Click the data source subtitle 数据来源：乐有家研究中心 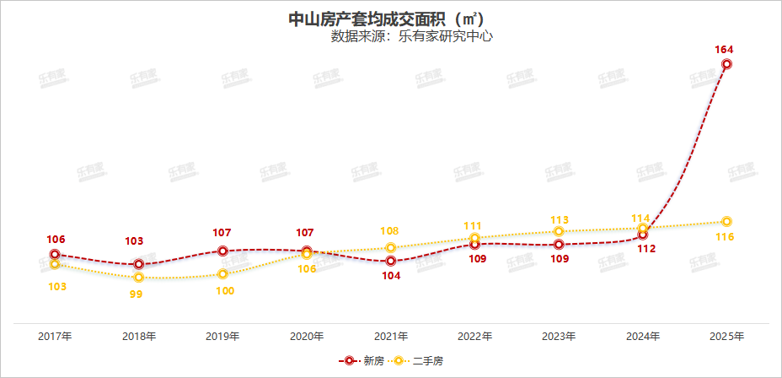click(410, 36)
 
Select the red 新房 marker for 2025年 click(726, 64)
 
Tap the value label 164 click(724, 49)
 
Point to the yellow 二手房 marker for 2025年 click(726, 222)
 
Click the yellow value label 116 click(724, 237)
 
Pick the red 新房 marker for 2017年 click(55, 254)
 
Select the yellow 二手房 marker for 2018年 click(139, 278)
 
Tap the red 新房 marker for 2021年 click(390, 262)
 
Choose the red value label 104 click(390, 276)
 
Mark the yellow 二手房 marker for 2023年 click(558, 231)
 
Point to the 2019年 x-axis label click(222, 336)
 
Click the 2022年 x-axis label click(474, 336)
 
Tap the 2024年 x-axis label click(643, 336)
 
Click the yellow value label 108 click(390, 231)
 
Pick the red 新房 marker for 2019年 click(222, 251)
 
